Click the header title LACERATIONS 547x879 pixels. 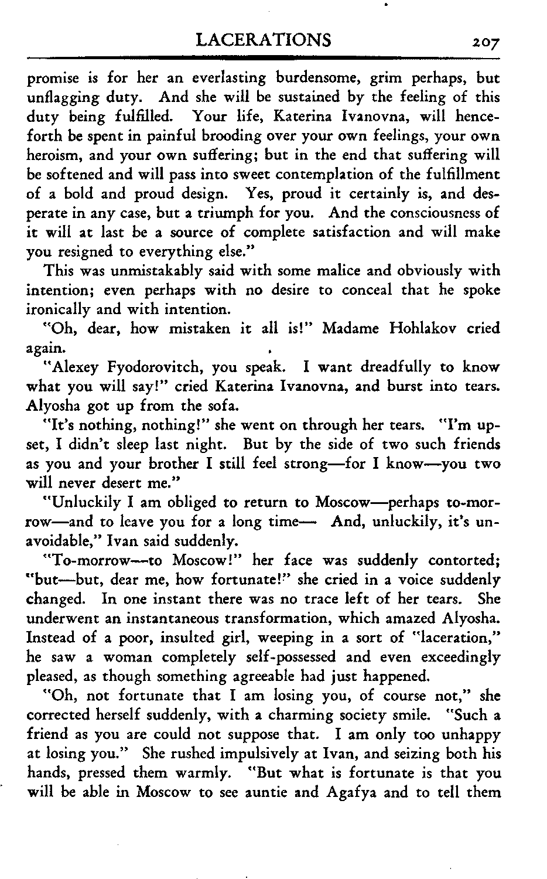(x=265, y=40)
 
